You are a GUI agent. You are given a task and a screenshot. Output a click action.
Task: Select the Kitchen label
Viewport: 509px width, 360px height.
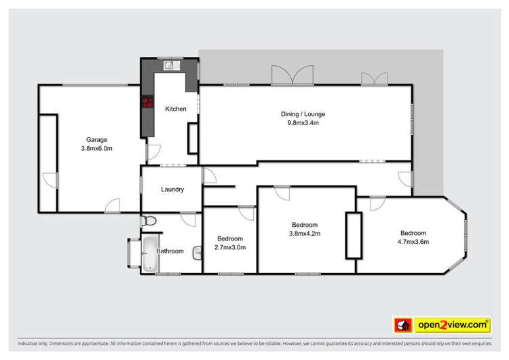(176, 109)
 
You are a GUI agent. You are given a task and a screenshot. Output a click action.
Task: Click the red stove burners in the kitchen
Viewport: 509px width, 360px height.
(147, 103)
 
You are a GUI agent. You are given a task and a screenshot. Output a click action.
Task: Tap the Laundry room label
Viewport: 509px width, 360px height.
(172, 190)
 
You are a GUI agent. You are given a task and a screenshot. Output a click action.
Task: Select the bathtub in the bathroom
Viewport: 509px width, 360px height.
(149, 253)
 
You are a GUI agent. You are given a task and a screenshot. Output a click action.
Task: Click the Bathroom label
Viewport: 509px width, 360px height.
(170, 251)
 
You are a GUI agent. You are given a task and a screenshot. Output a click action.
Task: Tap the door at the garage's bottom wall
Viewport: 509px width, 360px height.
(111, 204)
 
